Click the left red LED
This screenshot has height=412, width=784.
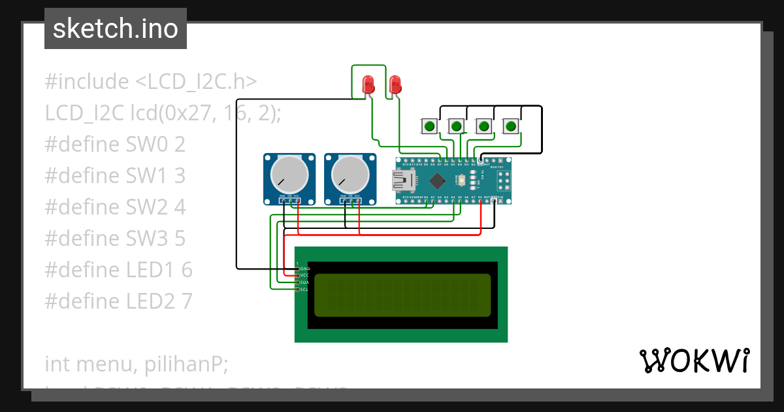(x=368, y=84)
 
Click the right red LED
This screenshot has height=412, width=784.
(x=395, y=84)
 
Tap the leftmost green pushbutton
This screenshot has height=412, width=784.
(x=429, y=126)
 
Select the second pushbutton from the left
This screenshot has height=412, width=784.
(x=457, y=126)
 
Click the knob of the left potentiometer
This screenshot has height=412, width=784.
(x=289, y=175)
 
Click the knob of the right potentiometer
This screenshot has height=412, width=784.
(x=350, y=175)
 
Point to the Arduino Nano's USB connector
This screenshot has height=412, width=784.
(x=399, y=180)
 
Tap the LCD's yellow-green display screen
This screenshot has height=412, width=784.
(x=402, y=294)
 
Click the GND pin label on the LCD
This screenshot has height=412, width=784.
(x=304, y=269)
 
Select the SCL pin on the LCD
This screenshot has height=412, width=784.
(x=304, y=289)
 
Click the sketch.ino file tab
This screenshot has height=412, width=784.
(x=116, y=29)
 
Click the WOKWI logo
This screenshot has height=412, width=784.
(x=694, y=360)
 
